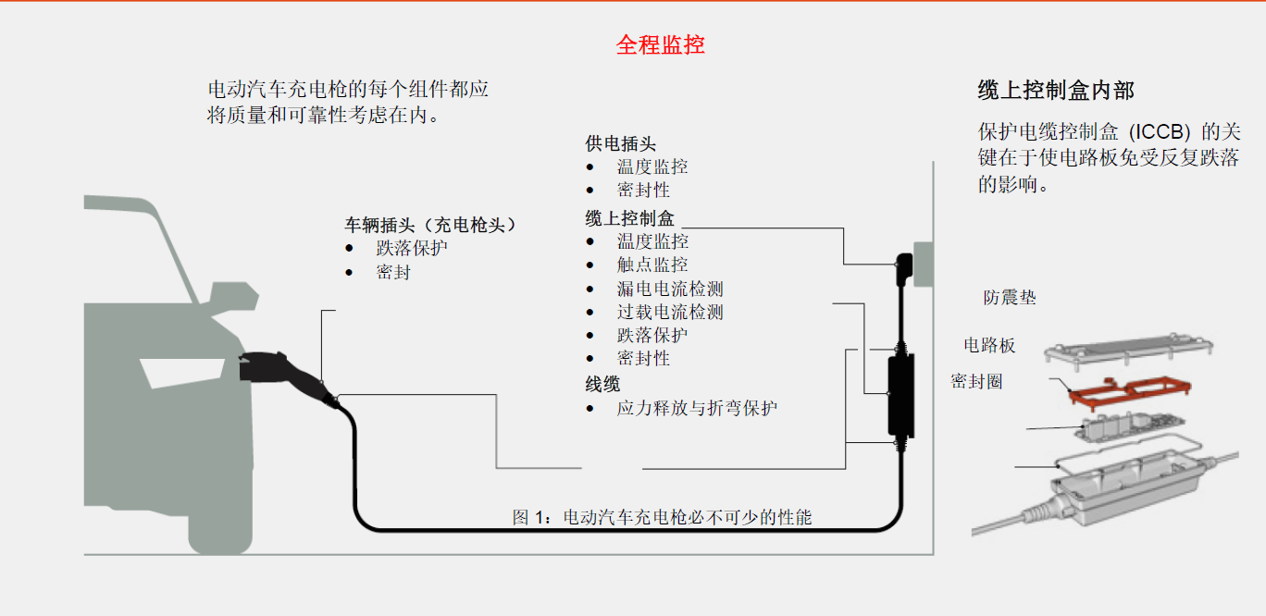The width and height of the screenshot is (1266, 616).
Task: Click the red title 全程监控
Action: point(660,44)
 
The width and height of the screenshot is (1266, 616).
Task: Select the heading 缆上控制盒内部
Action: point(1055,91)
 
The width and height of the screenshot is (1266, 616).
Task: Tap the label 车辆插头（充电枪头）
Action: point(430,225)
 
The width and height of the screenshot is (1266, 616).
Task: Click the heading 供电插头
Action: point(620,143)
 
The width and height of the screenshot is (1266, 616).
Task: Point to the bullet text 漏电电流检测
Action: point(670,289)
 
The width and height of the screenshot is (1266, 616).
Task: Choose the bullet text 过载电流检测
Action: point(670,313)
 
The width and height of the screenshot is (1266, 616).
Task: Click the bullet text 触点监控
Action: point(652,265)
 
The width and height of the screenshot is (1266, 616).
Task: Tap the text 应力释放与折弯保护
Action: point(697,408)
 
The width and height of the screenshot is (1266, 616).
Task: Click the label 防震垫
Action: point(1010,298)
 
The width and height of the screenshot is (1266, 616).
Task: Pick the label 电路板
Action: point(989,346)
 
